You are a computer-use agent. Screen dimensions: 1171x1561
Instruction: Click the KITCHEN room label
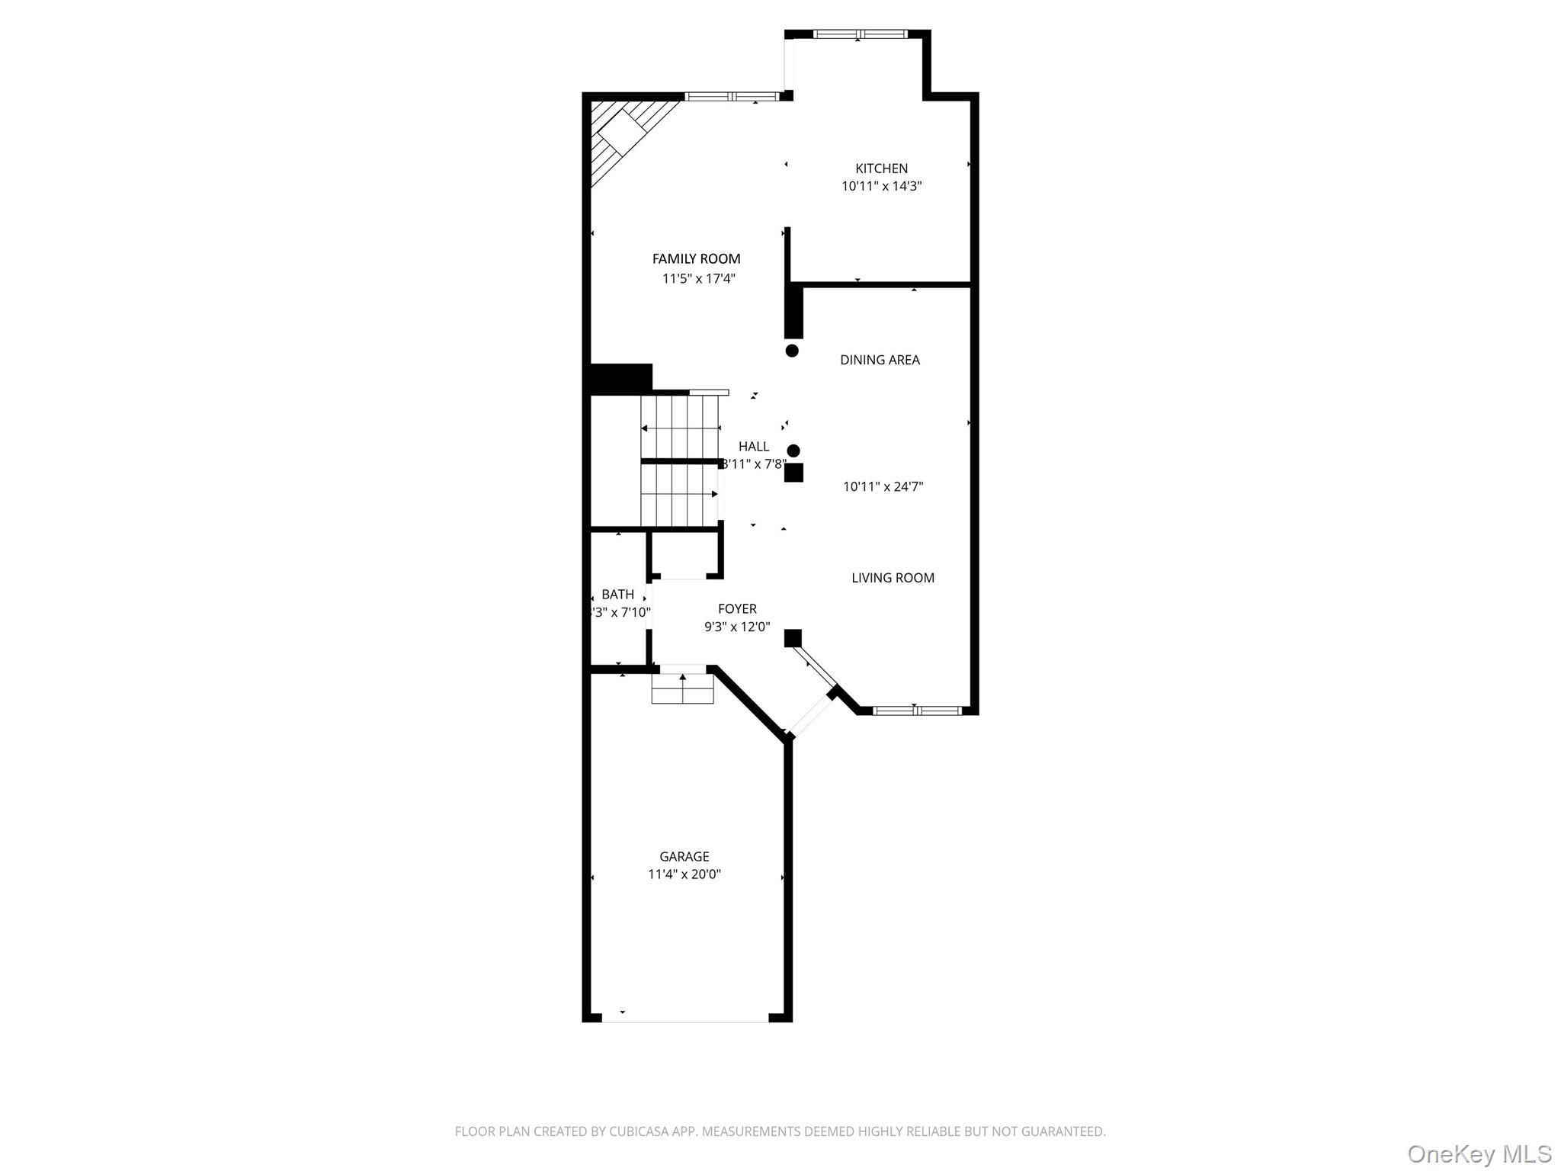click(x=881, y=168)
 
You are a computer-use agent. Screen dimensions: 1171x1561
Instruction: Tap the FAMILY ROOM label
click(x=696, y=259)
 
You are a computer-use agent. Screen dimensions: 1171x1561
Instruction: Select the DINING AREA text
click(x=880, y=360)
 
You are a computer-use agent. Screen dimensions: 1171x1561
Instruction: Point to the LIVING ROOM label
click(x=893, y=578)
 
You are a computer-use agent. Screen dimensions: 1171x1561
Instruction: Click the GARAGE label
click(x=684, y=857)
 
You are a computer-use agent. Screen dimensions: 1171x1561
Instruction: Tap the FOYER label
click(x=737, y=608)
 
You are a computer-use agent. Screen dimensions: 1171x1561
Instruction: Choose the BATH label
click(x=617, y=595)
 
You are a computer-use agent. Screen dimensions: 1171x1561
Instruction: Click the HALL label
click(x=753, y=447)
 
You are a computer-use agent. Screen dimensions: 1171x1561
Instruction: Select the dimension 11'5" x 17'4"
click(x=698, y=279)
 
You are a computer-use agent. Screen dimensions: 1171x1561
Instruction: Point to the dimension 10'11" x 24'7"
click(x=883, y=486)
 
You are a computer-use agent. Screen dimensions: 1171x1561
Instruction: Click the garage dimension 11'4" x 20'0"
click(x=684, y=874)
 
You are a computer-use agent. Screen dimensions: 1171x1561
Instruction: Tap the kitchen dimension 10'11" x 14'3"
click(x=881, y=186)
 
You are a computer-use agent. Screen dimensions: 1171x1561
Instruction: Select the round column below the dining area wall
click(x=792, y=351)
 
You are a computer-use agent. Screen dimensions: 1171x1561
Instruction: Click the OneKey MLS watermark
click(x=1479, y=1154)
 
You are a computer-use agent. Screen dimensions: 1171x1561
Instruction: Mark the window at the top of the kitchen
click(x=860, y=34)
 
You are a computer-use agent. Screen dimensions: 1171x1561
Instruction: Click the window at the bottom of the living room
click(x=917, y=711)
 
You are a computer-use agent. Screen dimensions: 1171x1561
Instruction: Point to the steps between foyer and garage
click(x=682, y=690)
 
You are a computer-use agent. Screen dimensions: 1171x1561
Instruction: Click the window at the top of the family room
click(x=732, y=97)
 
